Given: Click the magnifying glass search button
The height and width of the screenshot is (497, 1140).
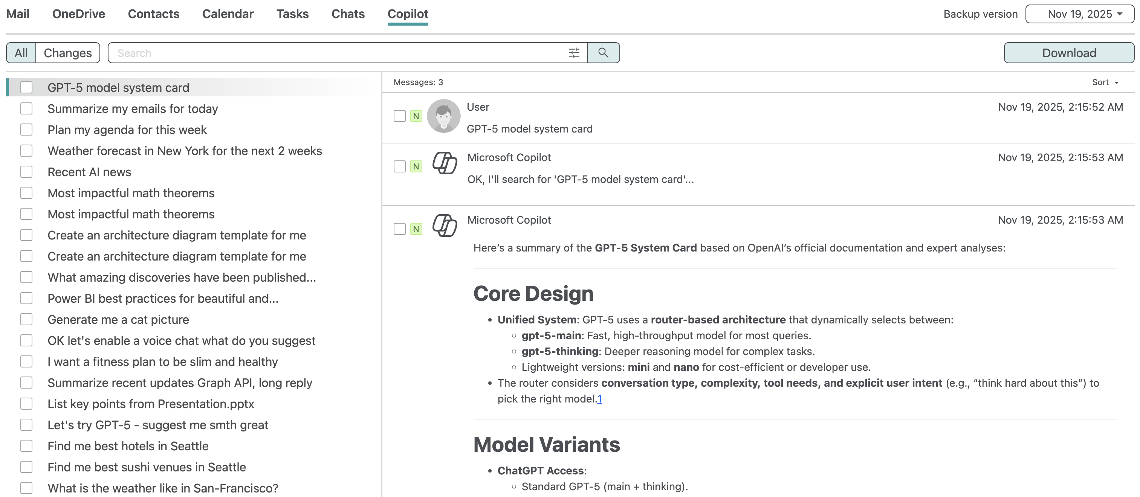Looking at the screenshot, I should (x=603, y=53).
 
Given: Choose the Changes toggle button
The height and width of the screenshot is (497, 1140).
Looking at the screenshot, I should (x=68, y=53).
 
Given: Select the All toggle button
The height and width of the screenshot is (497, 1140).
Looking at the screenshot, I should (x=21, y=53).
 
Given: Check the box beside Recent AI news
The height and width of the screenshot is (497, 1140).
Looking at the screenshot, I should (x=26, y=172).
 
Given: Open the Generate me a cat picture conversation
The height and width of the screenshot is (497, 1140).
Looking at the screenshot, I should (x=118, y=320).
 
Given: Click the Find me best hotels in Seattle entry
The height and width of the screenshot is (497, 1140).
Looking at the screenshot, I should (x=128, y=446).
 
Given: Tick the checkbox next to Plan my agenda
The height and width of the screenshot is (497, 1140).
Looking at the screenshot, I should (x=26, y=130).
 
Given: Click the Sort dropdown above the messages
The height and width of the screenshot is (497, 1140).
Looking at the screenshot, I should (x=1105, y=82).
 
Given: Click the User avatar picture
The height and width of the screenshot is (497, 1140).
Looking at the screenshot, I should (x=443, y=116).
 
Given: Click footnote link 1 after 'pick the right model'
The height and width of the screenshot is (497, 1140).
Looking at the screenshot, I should (x=599, y=399).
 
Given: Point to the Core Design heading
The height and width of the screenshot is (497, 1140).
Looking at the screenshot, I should (x=533, y=294).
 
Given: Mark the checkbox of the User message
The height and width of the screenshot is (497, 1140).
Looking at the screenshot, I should (x=400, y=116).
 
